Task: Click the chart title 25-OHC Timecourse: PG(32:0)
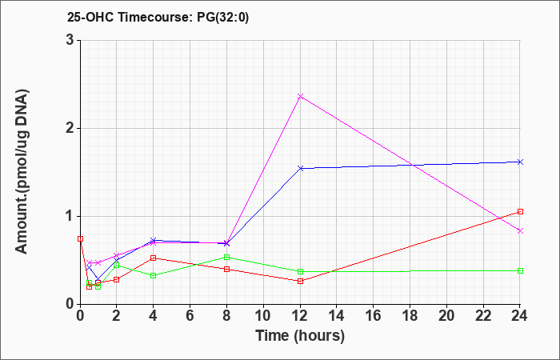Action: tap(158, 17)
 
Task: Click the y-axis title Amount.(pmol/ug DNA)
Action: tap(22, 172)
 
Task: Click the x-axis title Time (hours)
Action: tap(300, 336)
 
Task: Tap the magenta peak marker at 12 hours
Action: tap(300, 96)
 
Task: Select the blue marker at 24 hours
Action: tap(520, 162)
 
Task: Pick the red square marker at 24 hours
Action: tap(520, 212)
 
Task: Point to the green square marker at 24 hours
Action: tap(520, 270)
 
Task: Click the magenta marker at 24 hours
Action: tap(520, 230)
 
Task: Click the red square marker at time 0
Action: tap(80, 238)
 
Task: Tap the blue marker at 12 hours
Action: tap(300, 168)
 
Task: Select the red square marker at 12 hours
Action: tap(300, 281)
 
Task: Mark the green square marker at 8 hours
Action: tap(226, 257)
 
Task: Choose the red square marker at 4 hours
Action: tap(154, 258)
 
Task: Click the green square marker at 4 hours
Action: tap(154, 275)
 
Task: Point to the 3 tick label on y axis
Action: tap(70, 40)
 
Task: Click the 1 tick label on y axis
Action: tap(70, 217)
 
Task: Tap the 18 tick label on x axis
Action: tap(410, 316)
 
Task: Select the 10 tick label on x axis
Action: tap(263, 316)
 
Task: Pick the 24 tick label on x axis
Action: tap(520, 316)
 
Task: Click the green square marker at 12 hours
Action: tap(300, 271)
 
